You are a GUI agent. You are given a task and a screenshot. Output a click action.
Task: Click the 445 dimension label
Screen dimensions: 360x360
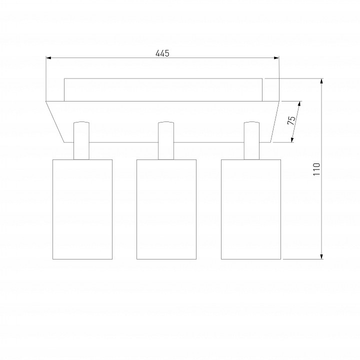(x=162, y=53)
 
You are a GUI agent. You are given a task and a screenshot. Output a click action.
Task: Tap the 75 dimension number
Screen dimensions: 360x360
(x=291, y=120)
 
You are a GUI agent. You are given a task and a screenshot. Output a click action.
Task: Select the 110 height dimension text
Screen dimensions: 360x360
(x=316, y=169)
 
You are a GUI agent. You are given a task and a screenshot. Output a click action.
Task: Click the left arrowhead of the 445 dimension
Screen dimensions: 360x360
(x=48, y=58)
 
